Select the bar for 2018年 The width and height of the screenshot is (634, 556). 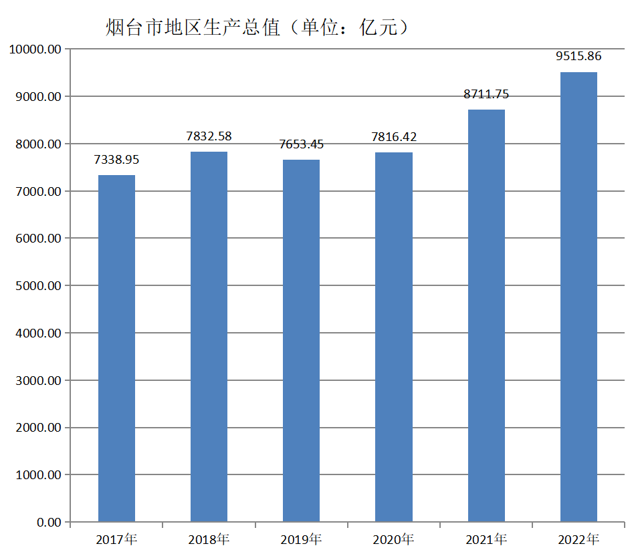point(209,336)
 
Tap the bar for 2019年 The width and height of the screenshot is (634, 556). point(301,340)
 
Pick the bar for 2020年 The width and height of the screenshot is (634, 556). point(394,337)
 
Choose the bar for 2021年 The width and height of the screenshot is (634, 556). point(486,315)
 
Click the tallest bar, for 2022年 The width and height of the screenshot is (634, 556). point(578,297)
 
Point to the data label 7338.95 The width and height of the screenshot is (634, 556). point(116,160)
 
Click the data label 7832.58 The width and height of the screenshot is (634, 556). point(209,136)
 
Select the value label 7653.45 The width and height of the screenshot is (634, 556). point(301,144)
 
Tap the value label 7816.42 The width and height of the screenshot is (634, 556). point(394,137)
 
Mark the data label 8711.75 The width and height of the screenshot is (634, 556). point(486,94)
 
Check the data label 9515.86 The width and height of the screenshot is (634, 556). point(578,57)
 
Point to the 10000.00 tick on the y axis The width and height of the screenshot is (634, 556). point(34,49)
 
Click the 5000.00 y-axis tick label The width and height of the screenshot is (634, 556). point(37,286)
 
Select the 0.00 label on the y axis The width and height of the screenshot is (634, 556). point(49,523)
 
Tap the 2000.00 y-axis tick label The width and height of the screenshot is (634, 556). point(37,428)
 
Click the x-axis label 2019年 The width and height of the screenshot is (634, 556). point(301,539)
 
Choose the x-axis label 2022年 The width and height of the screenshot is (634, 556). point(578,539)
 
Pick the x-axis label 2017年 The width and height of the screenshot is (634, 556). point(116,539)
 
